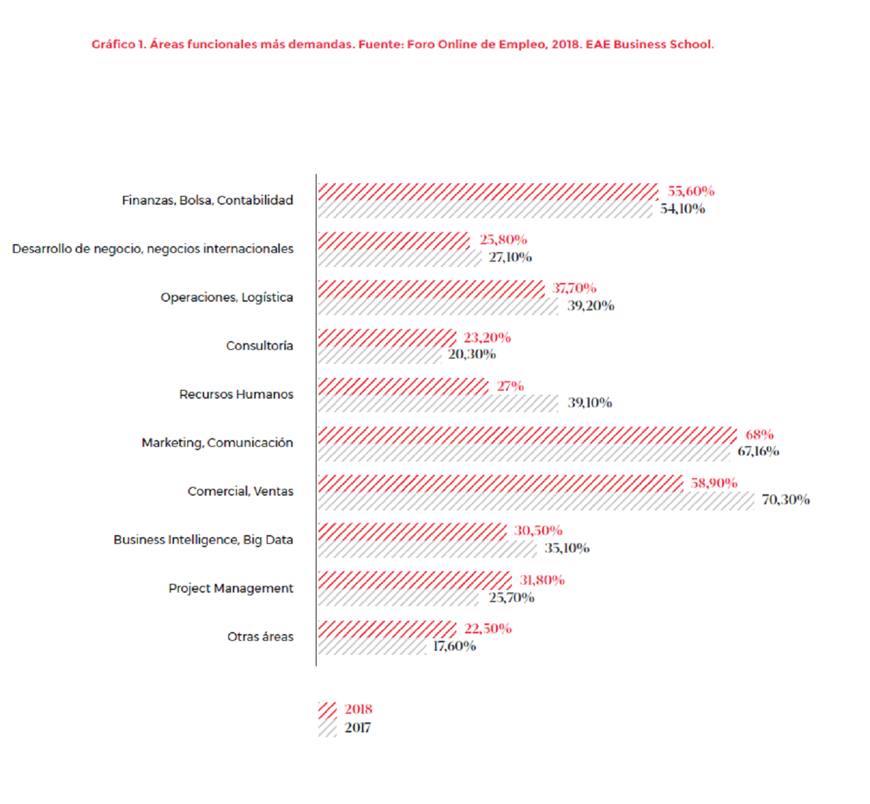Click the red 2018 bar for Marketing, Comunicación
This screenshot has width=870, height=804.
pos(527,435)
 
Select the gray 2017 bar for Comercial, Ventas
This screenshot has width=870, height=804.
pos(535,501)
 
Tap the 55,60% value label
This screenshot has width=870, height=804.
pos(691,191)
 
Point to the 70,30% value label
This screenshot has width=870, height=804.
pos(786,500)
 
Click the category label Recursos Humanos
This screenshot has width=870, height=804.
pos(236,395)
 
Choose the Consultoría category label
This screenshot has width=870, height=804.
pos(260,346)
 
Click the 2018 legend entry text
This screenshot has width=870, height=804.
pos(358,709)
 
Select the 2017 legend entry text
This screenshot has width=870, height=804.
pos(357,728)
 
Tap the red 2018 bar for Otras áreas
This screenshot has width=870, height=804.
pos(387,629)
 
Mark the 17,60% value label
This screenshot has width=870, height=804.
pos(454,646)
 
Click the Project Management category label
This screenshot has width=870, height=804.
pos(231,589)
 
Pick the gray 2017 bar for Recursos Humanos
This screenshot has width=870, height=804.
pos(438,403)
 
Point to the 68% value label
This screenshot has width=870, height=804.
pos(760,435)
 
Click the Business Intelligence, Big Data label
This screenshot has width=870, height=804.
pos(203,540)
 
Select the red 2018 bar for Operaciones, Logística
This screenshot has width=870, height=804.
pos(431,289)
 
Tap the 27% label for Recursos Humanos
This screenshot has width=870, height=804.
pos(510,386)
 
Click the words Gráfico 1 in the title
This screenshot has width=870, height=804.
pos(118,45)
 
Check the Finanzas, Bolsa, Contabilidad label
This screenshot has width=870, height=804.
pos(207,200)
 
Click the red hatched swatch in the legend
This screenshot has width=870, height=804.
pos(327,710)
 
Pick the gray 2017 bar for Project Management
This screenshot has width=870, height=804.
pos(398,597)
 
